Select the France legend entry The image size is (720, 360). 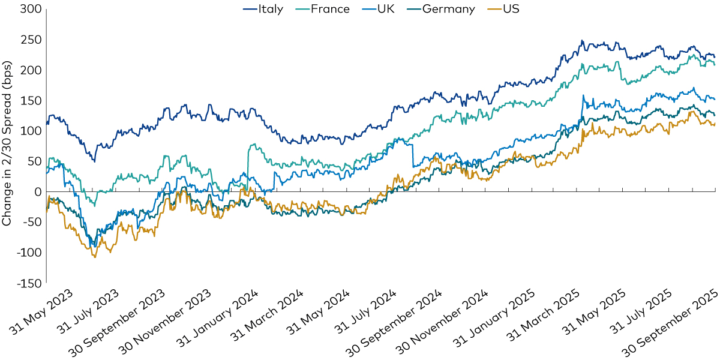pyautogui.click(x=327, y=9)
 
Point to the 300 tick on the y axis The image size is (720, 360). pyautogui.click(x=31, y=10)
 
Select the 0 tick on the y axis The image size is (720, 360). pyautogui.click(x=37, y=192)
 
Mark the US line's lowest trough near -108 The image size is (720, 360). pyautogui.click(x=95, y=257)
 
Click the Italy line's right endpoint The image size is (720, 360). pyautogui.click(x=715, y=57)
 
